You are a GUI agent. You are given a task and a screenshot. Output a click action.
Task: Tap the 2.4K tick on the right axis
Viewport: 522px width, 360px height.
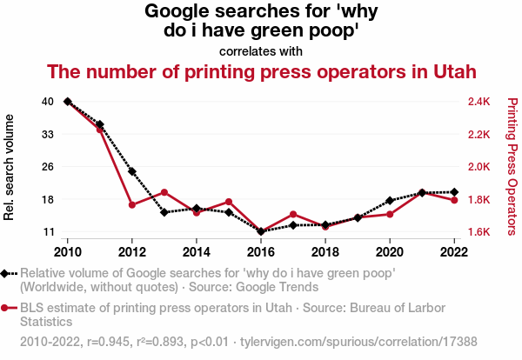478,102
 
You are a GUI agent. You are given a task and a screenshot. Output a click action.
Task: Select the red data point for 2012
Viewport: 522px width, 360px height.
132,204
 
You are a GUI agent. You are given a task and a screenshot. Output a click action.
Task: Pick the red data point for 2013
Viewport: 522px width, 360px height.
164,192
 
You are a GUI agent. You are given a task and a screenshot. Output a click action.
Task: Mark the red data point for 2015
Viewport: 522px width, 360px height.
229,202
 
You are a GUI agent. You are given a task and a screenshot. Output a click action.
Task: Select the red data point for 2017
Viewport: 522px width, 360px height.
293,214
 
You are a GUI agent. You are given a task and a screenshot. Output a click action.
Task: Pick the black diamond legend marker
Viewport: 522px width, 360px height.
7,273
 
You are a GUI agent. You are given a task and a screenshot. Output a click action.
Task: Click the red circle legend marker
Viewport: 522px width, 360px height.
7,308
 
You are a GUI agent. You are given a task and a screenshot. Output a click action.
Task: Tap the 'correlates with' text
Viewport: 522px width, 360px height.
261,50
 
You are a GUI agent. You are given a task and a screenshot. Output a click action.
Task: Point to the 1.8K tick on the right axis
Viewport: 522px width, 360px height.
478,199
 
